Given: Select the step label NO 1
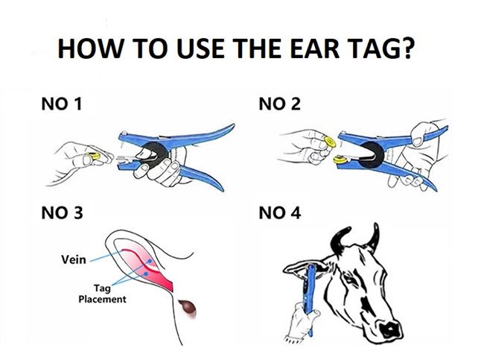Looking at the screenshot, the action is click(x=61, y=104).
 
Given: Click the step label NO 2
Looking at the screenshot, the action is click(x=279, y=104).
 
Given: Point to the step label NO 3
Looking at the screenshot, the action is click(x=62, y=213).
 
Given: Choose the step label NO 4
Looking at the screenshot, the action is click(x=280, y=213).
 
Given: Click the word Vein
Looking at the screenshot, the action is click(x=74, y=259).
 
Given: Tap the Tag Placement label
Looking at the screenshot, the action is click(x=102, y=294).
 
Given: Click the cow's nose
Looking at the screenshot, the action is click(x=390, y=329).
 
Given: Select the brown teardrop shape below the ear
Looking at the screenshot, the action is click(x=188, y=308).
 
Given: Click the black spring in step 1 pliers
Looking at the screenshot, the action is click(x=152, y=154).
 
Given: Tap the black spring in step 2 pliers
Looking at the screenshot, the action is click(x=372, y=154).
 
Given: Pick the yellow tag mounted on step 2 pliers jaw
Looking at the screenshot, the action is click(x=340, y=160).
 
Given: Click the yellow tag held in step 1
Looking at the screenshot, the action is click(x=94, y=156).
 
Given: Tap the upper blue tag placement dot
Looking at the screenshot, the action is click(x=150, y=261).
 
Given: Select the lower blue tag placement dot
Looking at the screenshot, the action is click(x=146, y=274).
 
